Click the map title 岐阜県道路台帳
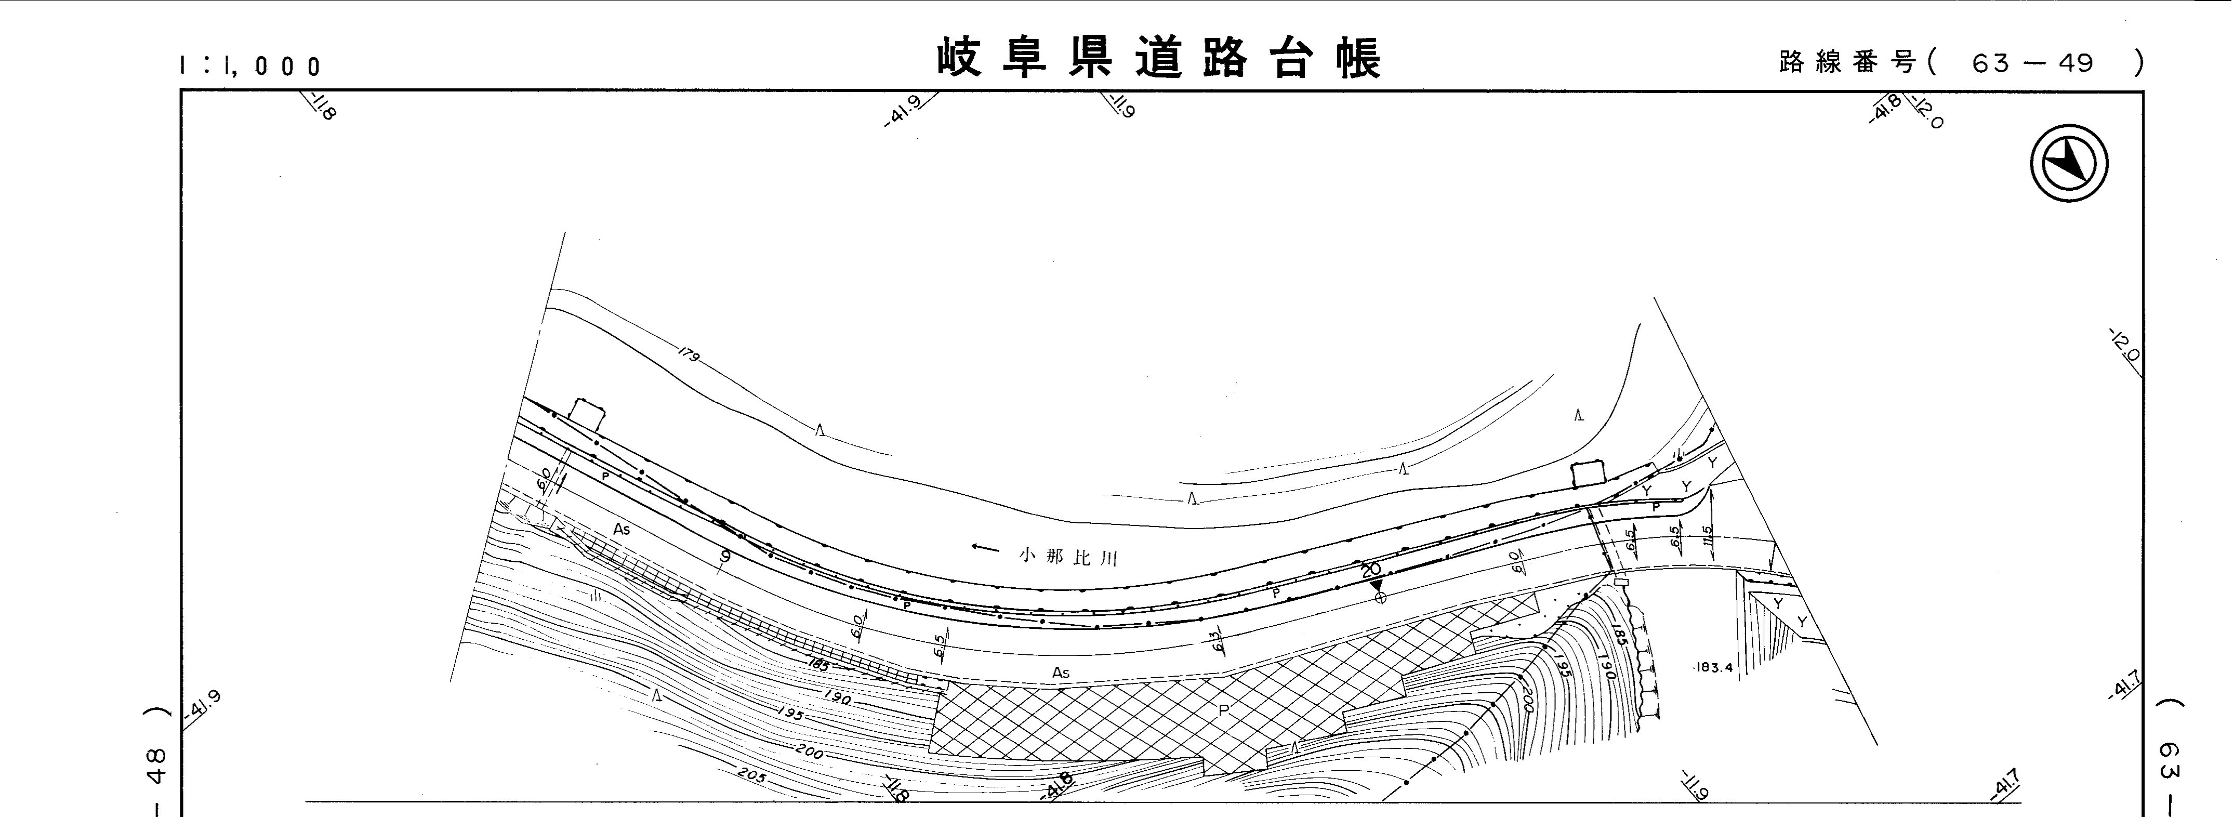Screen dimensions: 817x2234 [1159, 58]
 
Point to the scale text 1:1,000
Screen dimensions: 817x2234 [250, 66]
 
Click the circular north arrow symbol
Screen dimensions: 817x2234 [2069, 164]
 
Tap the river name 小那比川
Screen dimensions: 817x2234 [1068, 557]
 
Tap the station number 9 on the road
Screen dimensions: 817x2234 [724, 557]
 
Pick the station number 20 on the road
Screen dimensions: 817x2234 [1370, 570]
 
